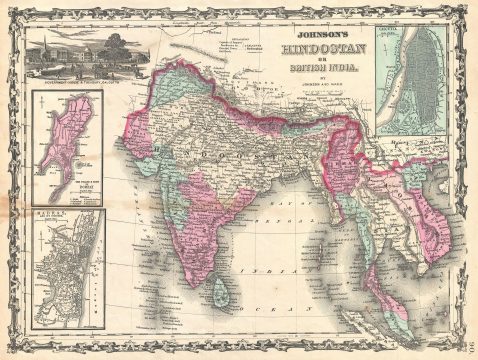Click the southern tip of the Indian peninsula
[199, 283]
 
